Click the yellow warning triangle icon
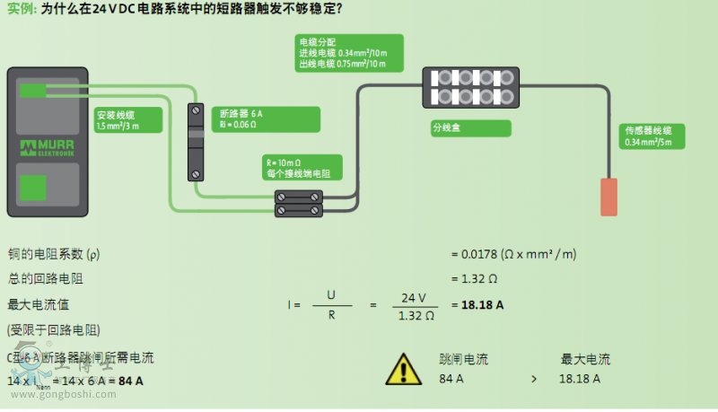pyautogui.click(x=403, y=368)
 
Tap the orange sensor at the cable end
pyautogui.click(x=609, y=197)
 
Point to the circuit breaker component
pyautogui.click(x=195, y=141)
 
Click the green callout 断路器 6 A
pyautogui.click(x=267, y=118)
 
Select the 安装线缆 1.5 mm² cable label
pyautogui.click(x=128, y=120)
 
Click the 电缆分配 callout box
pyautogui.click(x=349, y=53)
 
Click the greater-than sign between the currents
pyautogui.click(x=533, y=380)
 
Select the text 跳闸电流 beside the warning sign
pyautogui.click(x=463, y=359)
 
